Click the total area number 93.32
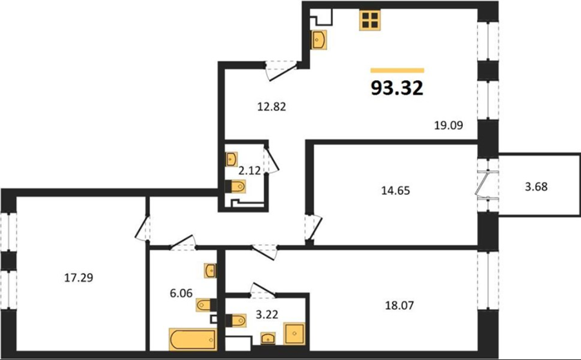397,88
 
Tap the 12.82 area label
272,106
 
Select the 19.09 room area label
449,125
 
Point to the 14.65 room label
396,190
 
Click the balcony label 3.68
536,186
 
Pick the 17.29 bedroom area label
79,277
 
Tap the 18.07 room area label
400,305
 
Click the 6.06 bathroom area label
181,294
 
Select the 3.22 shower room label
267,314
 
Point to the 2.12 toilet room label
249,171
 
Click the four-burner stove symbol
370,19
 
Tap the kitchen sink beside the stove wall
319,39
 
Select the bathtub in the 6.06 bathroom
192,339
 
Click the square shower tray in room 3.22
294,334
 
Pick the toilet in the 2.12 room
235,186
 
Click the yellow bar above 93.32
397,70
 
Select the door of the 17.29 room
142,228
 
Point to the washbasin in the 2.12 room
231,159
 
